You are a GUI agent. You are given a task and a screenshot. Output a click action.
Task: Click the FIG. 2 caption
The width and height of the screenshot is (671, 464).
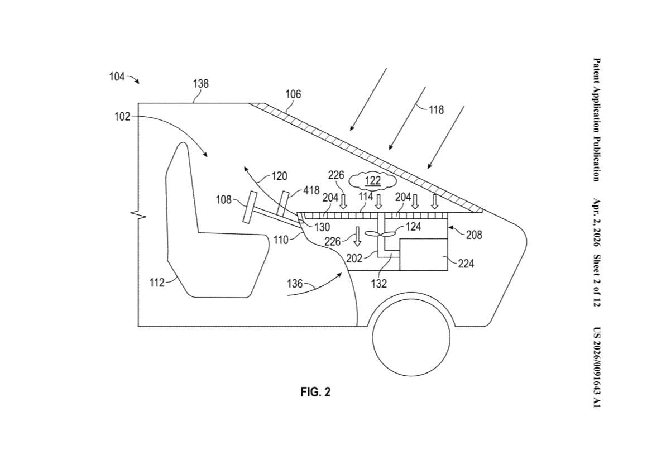coord(315,392)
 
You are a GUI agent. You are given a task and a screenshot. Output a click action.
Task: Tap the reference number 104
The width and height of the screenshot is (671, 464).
coord(117,76)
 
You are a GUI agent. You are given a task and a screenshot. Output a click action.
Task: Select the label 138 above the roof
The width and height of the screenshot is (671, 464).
coord(201,84)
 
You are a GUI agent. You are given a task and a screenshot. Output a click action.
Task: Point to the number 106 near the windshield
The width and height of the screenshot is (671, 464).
coord(293,94)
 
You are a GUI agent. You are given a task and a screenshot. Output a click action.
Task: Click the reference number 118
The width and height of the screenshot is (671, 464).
coord(436,110)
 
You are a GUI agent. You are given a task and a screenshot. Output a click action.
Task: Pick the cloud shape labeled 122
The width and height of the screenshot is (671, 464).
coord(373,180)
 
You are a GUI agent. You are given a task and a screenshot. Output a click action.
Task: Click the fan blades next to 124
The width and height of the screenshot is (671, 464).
coord(380,235)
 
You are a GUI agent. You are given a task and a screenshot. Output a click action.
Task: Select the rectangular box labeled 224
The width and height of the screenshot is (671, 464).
coord(424,255)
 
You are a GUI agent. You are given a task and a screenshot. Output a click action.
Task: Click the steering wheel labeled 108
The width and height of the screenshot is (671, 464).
coord(250,207)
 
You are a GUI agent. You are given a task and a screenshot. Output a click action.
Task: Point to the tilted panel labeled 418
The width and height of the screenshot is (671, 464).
coord(284,203)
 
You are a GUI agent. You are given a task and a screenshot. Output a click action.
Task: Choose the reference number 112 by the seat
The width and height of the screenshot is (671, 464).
coord(157,283)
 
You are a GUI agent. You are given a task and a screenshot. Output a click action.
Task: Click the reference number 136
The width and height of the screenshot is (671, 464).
coord(295,284)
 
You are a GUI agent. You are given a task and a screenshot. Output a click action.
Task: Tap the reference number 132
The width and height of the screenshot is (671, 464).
coord(379,284)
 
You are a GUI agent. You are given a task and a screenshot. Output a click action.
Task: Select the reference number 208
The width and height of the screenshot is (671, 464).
coord(474,235)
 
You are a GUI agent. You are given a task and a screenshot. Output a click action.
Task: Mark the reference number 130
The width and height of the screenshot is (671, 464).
coord(322,227)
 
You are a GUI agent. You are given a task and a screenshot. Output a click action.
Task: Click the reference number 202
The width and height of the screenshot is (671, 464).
coord(354,258)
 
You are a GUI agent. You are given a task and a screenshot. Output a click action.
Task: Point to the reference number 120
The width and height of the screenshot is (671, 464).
coord(279,176)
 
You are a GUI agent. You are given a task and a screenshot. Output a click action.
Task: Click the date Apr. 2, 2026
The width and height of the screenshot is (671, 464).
coord(596,223)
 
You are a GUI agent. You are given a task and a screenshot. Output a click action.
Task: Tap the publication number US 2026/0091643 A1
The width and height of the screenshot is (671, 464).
coord(596,367)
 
